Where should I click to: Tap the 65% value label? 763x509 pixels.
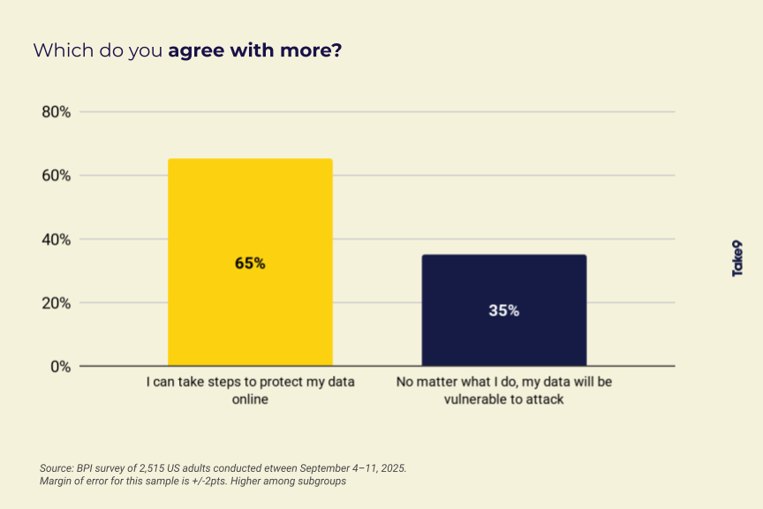[x=250, y=263]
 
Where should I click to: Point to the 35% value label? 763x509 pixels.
[x=504, y=311]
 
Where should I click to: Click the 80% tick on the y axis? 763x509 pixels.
[x=56, y=112]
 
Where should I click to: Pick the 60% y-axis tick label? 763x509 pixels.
[x=56, y=176]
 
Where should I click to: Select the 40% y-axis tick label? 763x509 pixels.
[x=56, y=239]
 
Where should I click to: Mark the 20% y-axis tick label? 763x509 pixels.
[x=56, y=303]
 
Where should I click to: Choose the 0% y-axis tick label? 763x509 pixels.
[x=60, y=367]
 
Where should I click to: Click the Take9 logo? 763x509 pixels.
[x=737, y=258]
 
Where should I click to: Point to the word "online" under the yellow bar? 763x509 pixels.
[x=250, y=399]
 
